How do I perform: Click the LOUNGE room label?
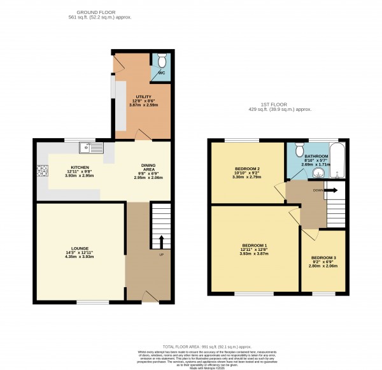(x=80, y=248)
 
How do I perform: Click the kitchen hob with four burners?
(x=43, y=171)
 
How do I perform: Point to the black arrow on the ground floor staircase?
(x=160, y=240)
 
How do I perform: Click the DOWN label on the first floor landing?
(x=316, y=190)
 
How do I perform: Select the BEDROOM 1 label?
(x=255, y=245)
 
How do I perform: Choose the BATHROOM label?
(x=316, y=157)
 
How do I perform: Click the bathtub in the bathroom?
(x=339, y=161)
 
